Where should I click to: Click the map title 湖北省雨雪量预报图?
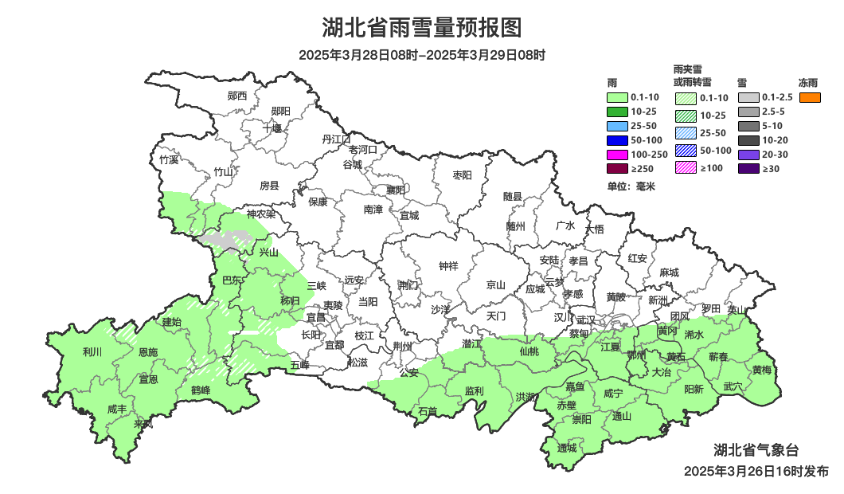[421, 28]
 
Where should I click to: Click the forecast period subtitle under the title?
[421, 56]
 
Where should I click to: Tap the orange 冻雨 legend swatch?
[810, 97]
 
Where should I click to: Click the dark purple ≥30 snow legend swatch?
[748, 169]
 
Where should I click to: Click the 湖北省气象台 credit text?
[756, 450]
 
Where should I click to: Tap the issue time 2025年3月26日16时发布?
[756, 472]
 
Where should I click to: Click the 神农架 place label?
[260, 214]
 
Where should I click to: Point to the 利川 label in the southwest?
[92, 351]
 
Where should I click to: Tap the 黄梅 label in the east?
[761, 370]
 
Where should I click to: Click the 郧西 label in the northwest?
[237, 96]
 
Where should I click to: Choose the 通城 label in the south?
[567, 448]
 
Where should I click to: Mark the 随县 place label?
[513, 196]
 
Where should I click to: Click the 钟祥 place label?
[449, 266]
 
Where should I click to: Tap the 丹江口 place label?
[336, 139]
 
